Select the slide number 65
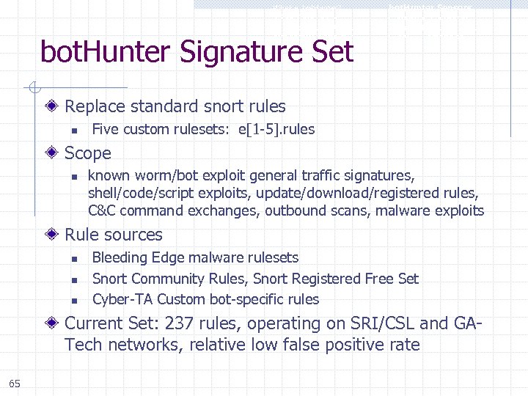pos(15,383)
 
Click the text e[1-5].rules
pos(276,130)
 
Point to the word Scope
pos(88,153)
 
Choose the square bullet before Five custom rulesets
pos(74,131)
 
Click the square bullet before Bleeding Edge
pos(74,258)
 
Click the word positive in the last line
pos(336,345)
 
